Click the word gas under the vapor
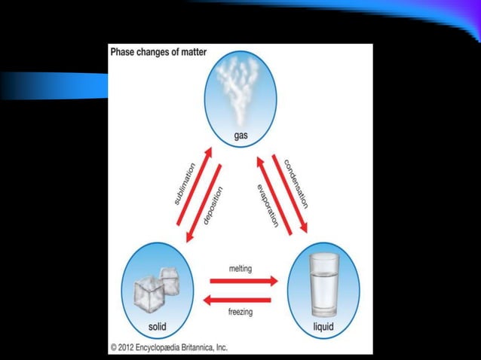click(x=240, y=136)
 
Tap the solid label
click(x=158, y=327)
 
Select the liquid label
click(x=323, y=327)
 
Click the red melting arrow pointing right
click(x=244, y=281)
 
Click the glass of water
click(x=323, y=285)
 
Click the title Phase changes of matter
click(x=159, y=53)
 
